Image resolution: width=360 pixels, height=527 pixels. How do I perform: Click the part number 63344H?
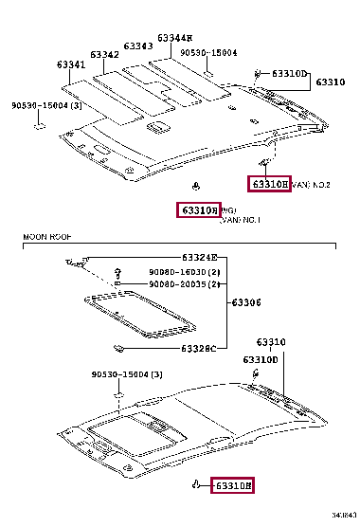pos(175,38)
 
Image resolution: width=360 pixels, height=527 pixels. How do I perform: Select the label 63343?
pos(138,45)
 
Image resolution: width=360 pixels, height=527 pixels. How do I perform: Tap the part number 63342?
pos(104,55)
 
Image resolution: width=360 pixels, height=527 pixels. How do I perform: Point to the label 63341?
pos(70,65)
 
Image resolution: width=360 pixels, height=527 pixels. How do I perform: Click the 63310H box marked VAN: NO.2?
pos(268,184)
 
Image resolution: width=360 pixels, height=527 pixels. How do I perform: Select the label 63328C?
pos(199,349)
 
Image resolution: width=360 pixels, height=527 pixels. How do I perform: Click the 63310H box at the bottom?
pos(232,486)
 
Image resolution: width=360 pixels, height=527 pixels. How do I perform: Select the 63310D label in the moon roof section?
pos(260,360)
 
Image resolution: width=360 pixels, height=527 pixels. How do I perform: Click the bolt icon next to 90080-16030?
pos(117,272)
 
